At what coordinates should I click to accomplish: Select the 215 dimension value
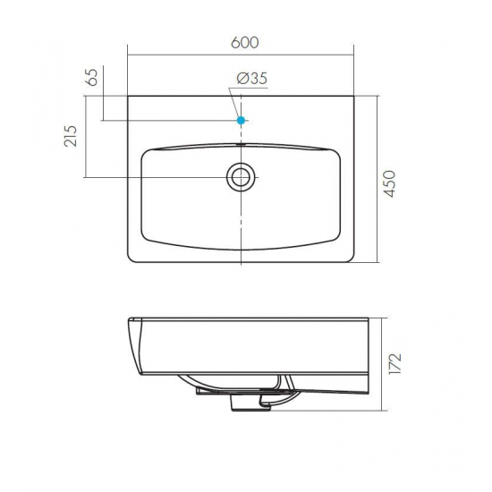[x=72, y=136]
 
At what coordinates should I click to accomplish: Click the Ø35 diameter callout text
[x=253, y=80]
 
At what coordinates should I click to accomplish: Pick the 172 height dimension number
[x=394, y=365]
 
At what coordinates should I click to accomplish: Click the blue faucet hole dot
[x=241, y=120]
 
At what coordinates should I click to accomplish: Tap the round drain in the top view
[x=241, y=176]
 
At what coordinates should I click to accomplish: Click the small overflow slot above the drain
[x=241, y=143]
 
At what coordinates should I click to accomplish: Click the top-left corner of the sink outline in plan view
[x=129, y=96]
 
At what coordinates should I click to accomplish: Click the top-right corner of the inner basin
[x=335, y=152]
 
